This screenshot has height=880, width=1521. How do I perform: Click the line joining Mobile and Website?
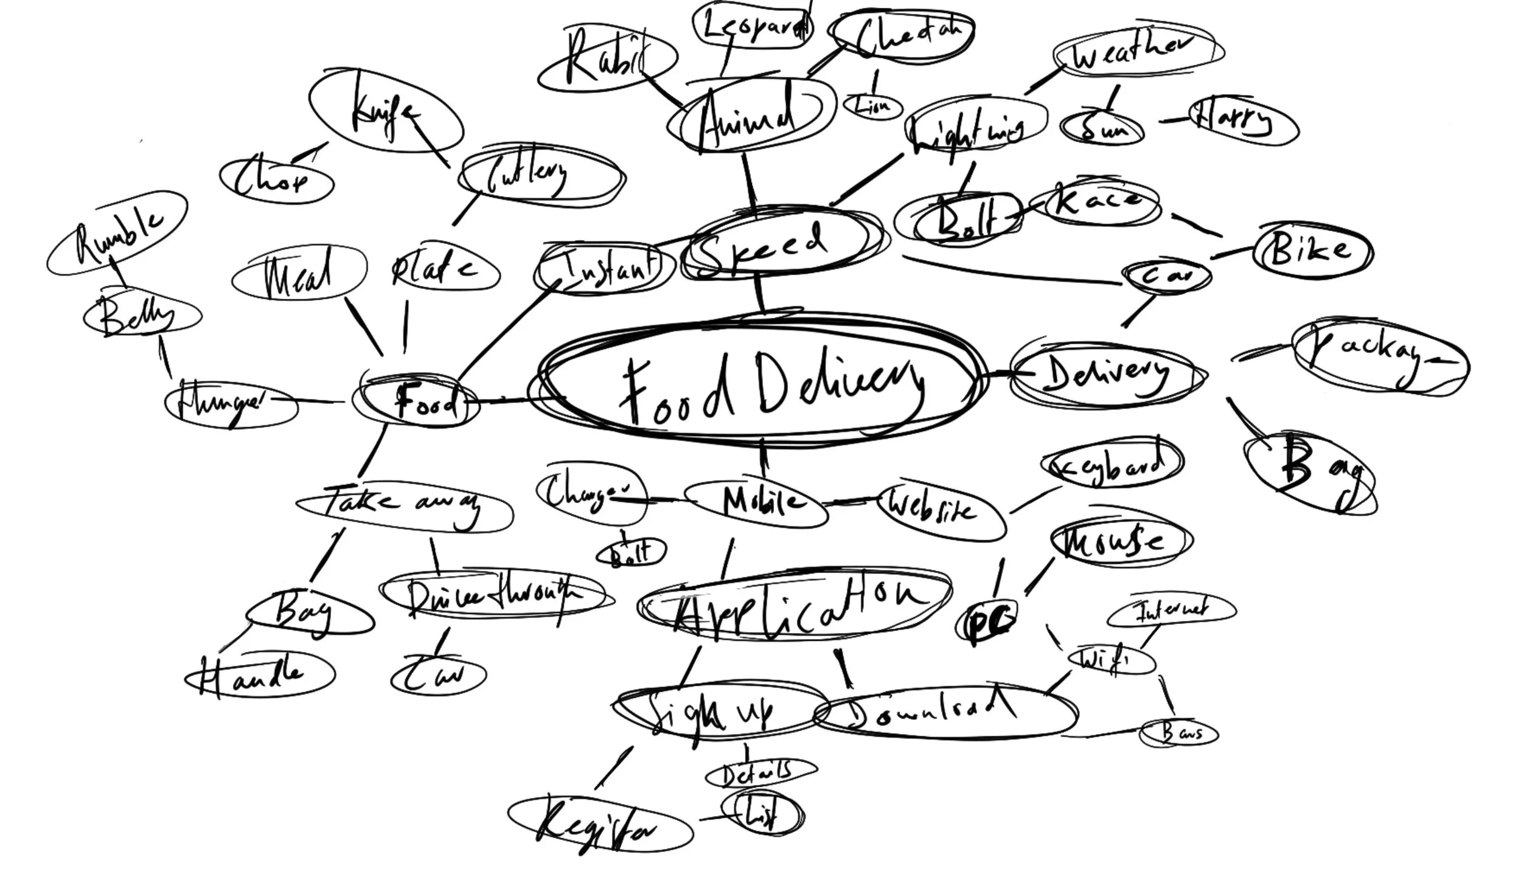pyautogui.click(x=852, y=501)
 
